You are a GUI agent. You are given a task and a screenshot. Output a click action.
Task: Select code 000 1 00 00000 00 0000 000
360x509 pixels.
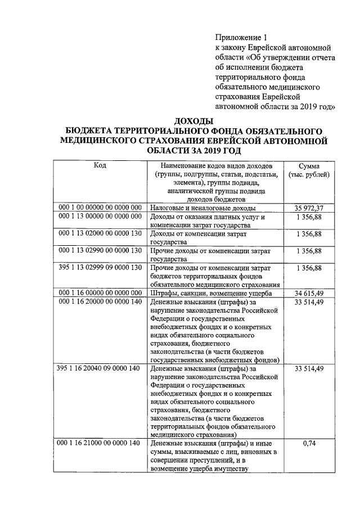100,208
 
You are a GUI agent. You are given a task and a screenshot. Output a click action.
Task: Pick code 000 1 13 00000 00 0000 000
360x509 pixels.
100,217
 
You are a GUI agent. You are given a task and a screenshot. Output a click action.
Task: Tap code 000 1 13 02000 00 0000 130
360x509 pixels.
100,233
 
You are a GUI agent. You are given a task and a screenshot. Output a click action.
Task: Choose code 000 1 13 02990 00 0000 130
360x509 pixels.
100,250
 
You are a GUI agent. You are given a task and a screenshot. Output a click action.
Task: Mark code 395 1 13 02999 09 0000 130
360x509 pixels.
100,268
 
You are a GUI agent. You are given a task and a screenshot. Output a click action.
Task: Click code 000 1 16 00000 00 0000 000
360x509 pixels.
100,293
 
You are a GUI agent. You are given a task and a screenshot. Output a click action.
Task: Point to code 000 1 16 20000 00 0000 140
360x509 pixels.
100,301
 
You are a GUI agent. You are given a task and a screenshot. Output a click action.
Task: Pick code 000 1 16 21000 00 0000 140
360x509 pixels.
100,444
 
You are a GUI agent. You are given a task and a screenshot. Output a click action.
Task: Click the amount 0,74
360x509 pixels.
309,444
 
